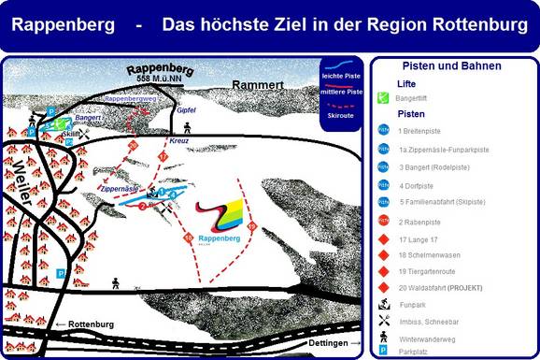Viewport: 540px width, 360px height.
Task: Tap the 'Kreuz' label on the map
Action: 179,141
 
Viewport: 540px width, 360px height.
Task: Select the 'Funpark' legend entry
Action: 412,305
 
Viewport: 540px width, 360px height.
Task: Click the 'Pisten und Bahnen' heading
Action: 451,66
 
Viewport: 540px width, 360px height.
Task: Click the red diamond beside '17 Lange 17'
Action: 383,238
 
